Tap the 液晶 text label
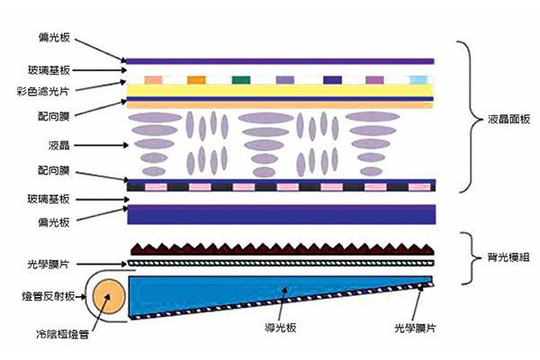pos(61,144)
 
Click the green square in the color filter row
pos(239,79)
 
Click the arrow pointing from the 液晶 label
pos(99,144)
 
